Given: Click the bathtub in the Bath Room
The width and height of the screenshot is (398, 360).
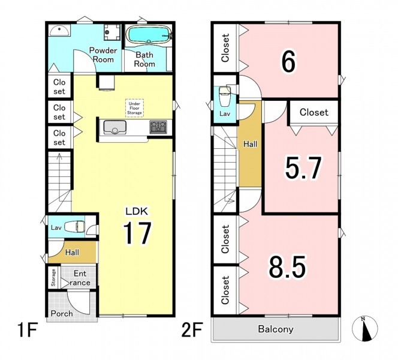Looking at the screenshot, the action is pos(149,35).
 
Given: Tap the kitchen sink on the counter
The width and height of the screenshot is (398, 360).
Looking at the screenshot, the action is pos(114,127).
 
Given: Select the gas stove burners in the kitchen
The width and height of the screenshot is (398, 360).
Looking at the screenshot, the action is pos(158,127).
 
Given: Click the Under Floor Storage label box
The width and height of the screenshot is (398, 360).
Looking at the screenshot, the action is pos(134,108).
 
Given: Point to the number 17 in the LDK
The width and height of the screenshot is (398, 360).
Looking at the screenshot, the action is pos(137,233).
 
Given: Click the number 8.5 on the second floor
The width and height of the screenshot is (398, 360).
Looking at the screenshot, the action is pos(287,267).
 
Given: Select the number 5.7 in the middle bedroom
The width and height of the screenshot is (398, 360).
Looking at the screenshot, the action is pos(303,168).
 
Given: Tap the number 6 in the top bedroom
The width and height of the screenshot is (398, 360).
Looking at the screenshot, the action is pos(288,61).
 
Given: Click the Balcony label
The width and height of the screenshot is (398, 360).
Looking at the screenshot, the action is pos(276,329).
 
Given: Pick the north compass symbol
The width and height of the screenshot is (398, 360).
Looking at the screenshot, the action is pos(365,329).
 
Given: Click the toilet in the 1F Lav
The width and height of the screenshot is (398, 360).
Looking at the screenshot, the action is pos(74,226).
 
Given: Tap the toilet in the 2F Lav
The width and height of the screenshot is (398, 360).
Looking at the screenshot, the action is pos(225,96).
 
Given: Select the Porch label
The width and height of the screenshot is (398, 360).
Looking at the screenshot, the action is pos(62,314).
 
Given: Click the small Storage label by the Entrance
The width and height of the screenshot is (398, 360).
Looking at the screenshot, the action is pos(53,277).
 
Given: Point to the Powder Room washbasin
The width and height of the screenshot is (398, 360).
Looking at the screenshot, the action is pos(59,31).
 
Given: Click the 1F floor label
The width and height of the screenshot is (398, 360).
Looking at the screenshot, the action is pos(28,329).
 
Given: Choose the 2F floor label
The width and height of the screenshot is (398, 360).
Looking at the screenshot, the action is pos(192,329).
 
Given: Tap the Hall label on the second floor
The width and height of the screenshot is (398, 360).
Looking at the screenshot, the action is pos(251,145).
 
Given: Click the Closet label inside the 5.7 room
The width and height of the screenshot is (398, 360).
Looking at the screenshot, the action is pos(313,112).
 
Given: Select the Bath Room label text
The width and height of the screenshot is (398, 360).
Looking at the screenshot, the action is pos(144,59).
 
